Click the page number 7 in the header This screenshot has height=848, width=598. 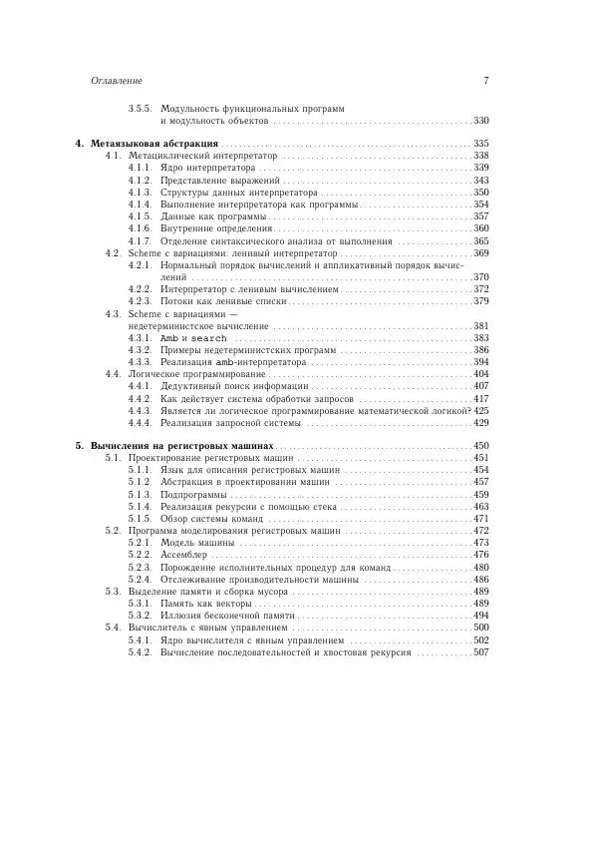tap(484, 81)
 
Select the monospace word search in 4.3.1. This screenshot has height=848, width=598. tap(209, 338)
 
